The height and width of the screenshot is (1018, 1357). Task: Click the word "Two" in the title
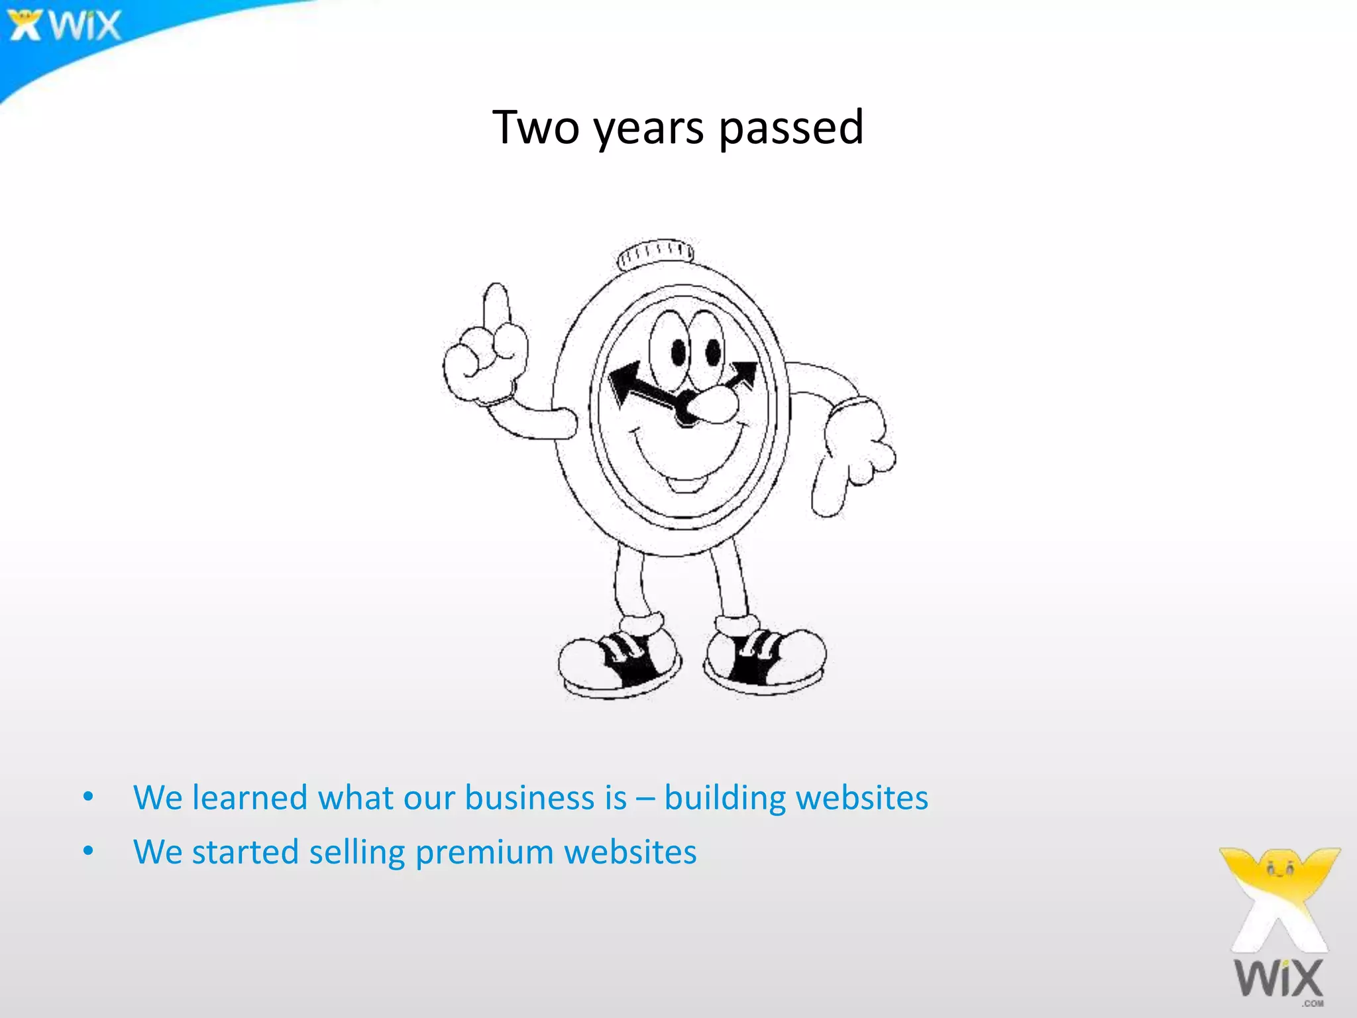tap(536, 127)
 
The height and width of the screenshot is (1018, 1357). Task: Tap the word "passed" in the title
tap(791, 129)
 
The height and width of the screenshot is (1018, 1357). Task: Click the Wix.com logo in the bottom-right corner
tap(1279, 928)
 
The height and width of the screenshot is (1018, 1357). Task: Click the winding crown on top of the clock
tap(656, 253)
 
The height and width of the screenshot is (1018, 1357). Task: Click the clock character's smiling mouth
tap(686, 464)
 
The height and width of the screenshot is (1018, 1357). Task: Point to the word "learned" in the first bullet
tap(250, 797)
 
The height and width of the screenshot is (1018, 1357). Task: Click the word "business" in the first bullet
tap(545, 797)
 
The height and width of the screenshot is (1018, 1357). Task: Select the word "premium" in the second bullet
tap(484, 852)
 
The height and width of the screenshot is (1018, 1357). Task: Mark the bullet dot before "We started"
tap(88, 850)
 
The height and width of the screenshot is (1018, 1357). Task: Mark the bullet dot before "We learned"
tap(88, 796)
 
